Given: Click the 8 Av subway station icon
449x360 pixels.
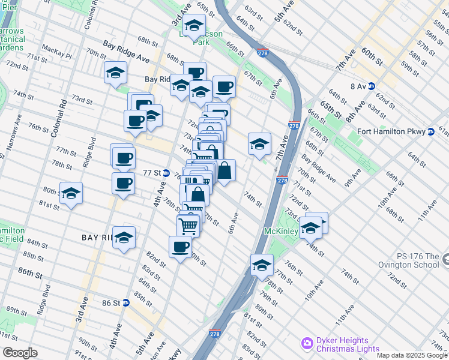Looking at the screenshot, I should point(371,86).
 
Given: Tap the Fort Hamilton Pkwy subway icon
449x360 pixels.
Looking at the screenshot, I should point(430,132).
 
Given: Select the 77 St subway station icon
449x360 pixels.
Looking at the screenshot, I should point(166,172).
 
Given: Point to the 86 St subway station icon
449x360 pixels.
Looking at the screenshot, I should point(125,302).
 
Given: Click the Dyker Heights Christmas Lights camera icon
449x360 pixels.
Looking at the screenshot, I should point(307,343).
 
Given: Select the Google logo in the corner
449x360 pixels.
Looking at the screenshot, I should point(19,353).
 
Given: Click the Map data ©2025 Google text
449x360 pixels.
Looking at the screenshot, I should point(412,355).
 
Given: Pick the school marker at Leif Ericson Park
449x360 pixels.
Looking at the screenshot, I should point(194,27).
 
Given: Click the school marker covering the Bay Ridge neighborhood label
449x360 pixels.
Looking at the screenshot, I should point(124,238).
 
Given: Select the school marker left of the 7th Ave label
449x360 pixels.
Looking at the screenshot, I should point(259,144).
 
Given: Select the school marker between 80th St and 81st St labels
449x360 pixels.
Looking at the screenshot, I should point(71,193).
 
